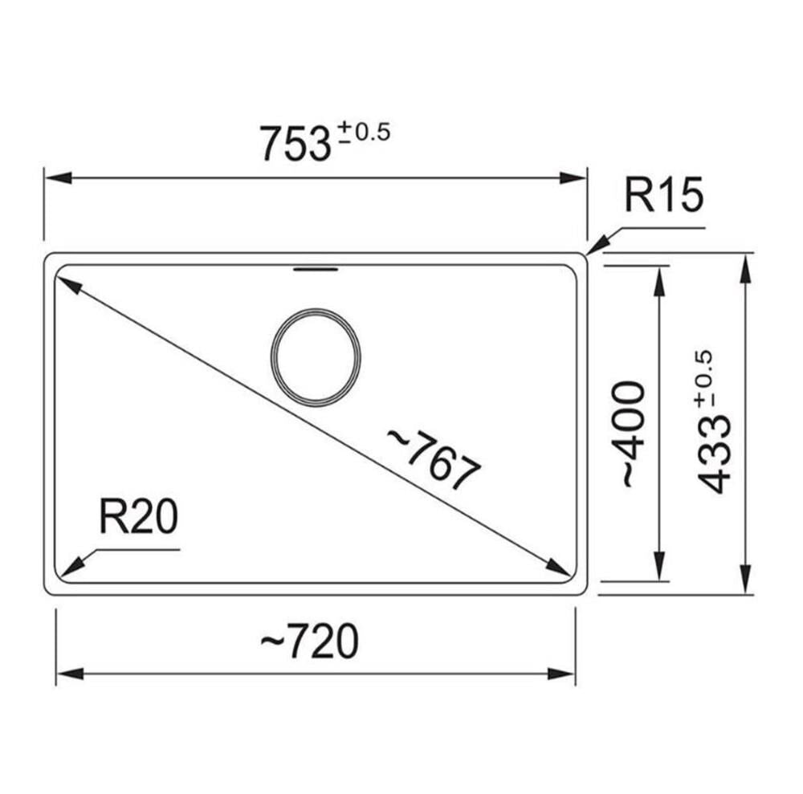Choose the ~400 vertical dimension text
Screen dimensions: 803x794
point(631,434)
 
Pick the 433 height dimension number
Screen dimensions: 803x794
point(715,454)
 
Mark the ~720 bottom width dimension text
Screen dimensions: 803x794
point(310,641)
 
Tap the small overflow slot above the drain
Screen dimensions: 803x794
point(316,268)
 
